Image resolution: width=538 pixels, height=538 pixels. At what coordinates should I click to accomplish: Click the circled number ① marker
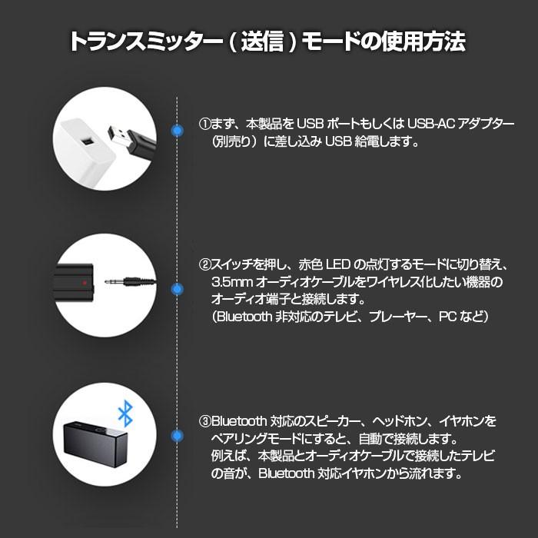coord(204,124)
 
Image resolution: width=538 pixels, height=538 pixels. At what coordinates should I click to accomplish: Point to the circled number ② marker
coord(204,264)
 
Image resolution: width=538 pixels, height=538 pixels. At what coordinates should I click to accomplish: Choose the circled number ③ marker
coord(204,421)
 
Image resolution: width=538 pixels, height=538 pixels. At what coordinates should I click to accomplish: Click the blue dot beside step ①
coord(178,131)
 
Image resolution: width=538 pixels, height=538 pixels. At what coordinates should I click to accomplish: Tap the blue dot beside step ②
coord(178,290)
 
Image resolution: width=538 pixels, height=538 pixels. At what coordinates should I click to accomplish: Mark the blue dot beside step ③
coord(178,437)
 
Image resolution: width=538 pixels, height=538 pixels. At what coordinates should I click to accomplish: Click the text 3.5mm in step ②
coord(231,282)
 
